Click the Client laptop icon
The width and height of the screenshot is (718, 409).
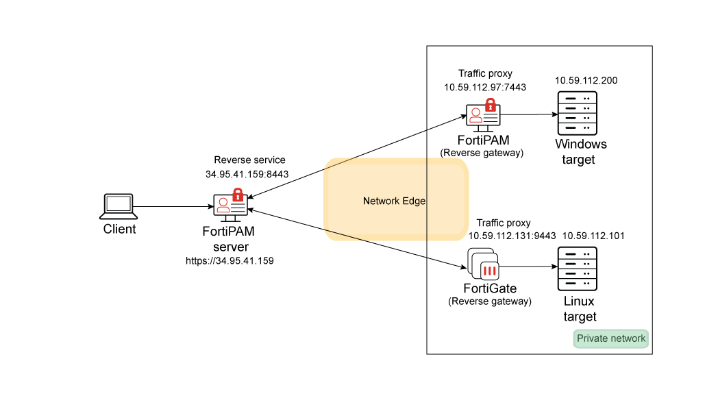click(118, 205)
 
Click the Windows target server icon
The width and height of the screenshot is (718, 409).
click(575, 114)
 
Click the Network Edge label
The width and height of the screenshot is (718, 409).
click(394, 201)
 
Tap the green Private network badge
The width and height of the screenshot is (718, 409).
click(611, 338)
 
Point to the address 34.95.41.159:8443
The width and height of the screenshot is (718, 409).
click(247, 174)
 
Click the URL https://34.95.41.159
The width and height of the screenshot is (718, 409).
click(230, 261)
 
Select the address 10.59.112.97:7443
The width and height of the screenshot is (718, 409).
click(485, 87)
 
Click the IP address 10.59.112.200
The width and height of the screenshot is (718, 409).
click(586, 80)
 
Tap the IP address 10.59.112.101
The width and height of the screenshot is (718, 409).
click(593, 236)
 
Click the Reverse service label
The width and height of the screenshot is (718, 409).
click(249, 160)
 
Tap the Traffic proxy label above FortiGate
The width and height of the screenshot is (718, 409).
click(504, 223)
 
